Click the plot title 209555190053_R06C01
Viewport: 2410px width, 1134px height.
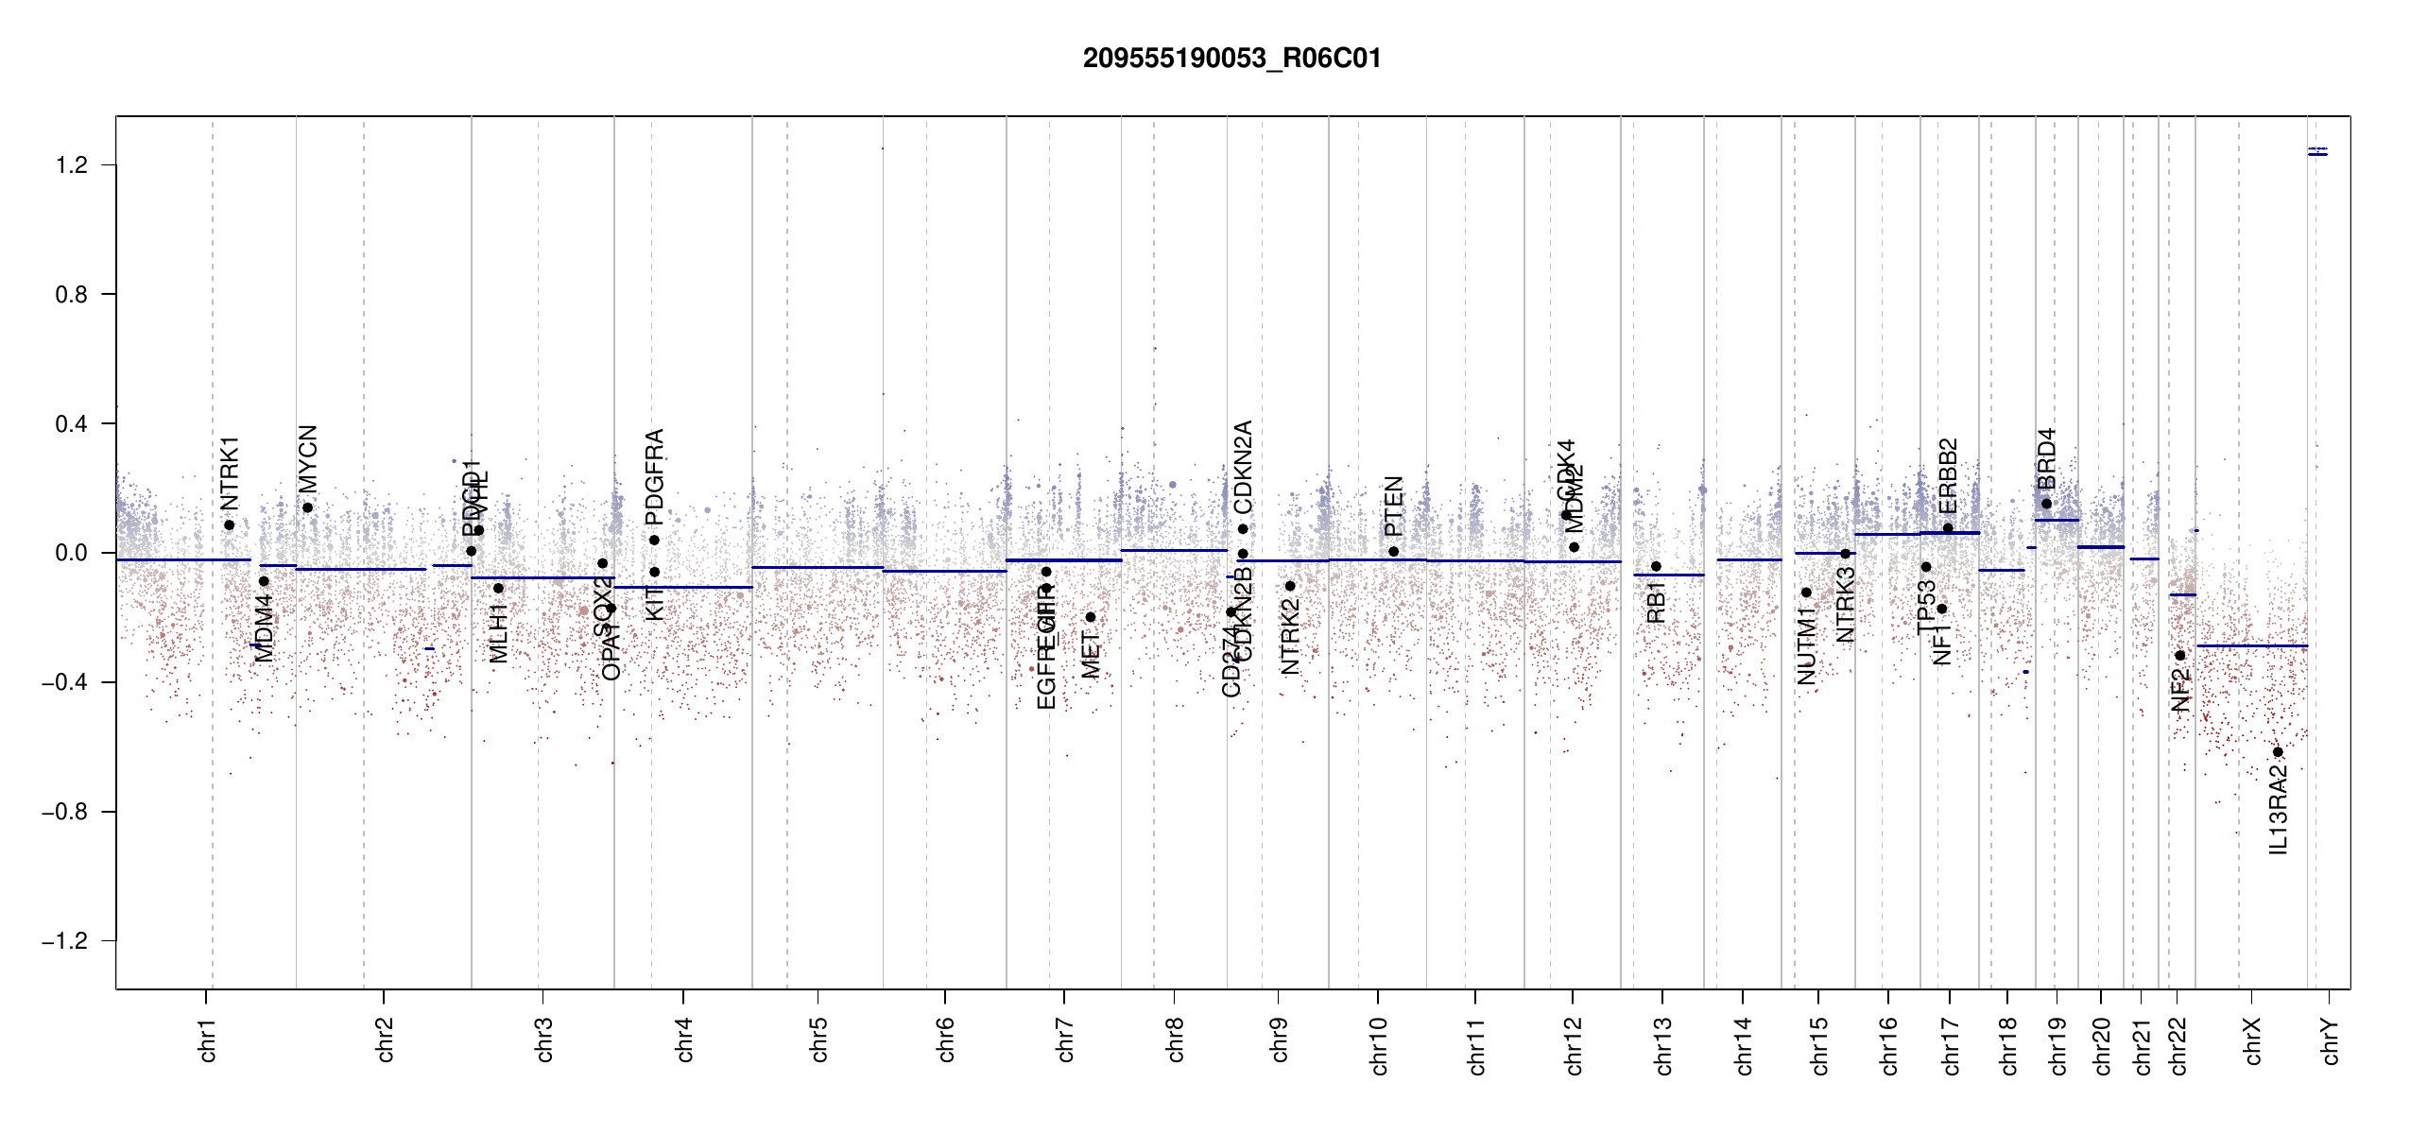click(x=1231, y=59)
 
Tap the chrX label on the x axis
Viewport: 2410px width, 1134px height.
click(x=2253, y=1040)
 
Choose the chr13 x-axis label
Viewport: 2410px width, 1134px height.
click(x=1663, y=1045)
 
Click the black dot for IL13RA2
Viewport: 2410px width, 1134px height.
click(x=2278, y=752)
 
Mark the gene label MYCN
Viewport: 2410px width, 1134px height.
click(x=308, y=458)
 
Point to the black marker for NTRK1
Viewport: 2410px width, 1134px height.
click(x=229, y=525)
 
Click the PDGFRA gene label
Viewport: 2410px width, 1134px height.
click(x=654, y=476)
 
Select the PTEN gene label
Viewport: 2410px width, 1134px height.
click(x=1394, y=506)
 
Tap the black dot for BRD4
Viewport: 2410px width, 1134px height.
click(x=2047, y=504)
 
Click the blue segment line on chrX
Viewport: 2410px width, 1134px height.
click(x=2252, y=646)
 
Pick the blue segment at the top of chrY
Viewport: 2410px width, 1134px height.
click(x=2317, y=153)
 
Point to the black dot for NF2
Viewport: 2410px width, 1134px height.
click(x=2179, y=656)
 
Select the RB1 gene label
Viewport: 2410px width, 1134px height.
click(x=1656, y=602)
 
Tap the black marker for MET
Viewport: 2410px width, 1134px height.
click(x=1091, y=617)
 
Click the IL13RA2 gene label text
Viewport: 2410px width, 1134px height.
click(x=2279, y=809)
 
